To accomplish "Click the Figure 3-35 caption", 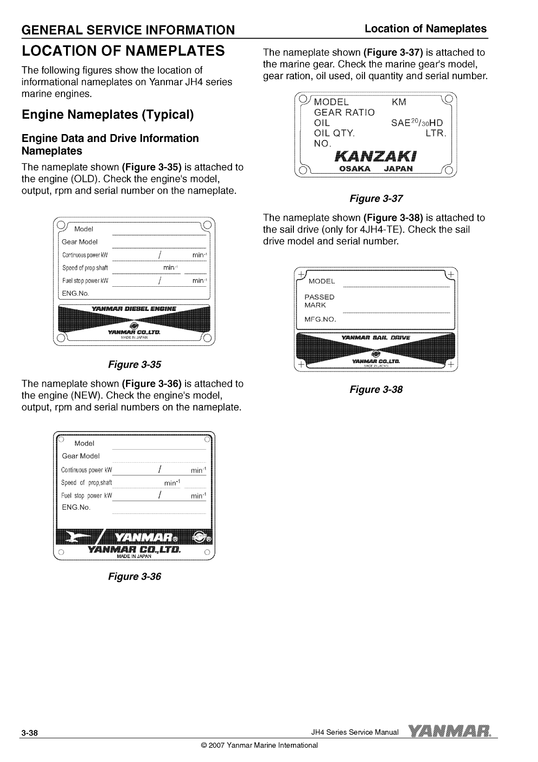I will point(134,364).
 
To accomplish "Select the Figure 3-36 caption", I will point(134,576).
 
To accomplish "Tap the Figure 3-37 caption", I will point(376,199).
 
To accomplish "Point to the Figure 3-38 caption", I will point(376,389).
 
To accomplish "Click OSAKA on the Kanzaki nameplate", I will point(356,169).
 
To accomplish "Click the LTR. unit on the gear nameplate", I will point(436,134).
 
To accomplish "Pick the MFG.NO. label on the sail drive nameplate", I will point(320,320).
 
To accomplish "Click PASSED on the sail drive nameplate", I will point(319,297).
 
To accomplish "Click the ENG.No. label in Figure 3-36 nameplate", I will point(76,507).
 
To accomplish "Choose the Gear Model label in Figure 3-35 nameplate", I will point(80,242).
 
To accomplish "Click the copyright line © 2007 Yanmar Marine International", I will point(259,745).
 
